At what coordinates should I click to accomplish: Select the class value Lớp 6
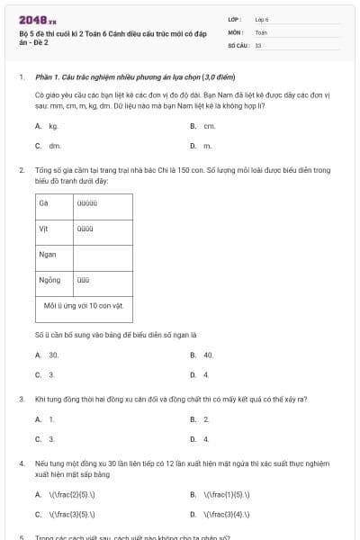pos(262,19)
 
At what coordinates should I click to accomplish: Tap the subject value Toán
pos(261,31)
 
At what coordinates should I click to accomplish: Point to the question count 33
pos(258,44)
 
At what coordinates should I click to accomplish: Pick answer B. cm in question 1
pos(203,126)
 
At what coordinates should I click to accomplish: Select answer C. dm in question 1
pos(49,145)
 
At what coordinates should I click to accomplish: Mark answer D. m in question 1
pos(202,145)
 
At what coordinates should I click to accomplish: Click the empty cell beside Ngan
pos(103,255)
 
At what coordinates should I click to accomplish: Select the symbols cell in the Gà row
pos(103,202)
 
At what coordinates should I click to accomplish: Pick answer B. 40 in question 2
pos(202,355)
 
